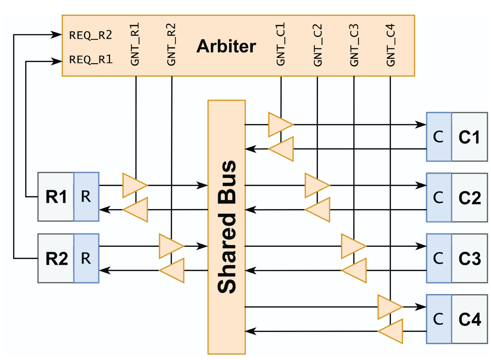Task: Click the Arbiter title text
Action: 226,46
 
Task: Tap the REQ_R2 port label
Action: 91,35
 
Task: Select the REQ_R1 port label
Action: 91,60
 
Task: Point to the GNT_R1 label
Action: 135,44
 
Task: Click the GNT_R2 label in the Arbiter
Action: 171,44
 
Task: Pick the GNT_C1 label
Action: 281,44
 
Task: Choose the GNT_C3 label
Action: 354,45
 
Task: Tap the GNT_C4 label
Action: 391,45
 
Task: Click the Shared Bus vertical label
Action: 227,227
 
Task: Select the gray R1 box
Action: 56,197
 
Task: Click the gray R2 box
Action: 56,258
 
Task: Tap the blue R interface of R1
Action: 86,197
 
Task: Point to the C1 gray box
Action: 469,137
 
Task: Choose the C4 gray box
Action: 469,319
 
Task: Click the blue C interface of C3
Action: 438,258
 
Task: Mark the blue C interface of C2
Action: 438,197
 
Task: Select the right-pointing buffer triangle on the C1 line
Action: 280,124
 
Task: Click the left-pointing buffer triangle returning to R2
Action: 173,270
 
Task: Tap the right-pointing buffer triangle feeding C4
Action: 389,307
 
